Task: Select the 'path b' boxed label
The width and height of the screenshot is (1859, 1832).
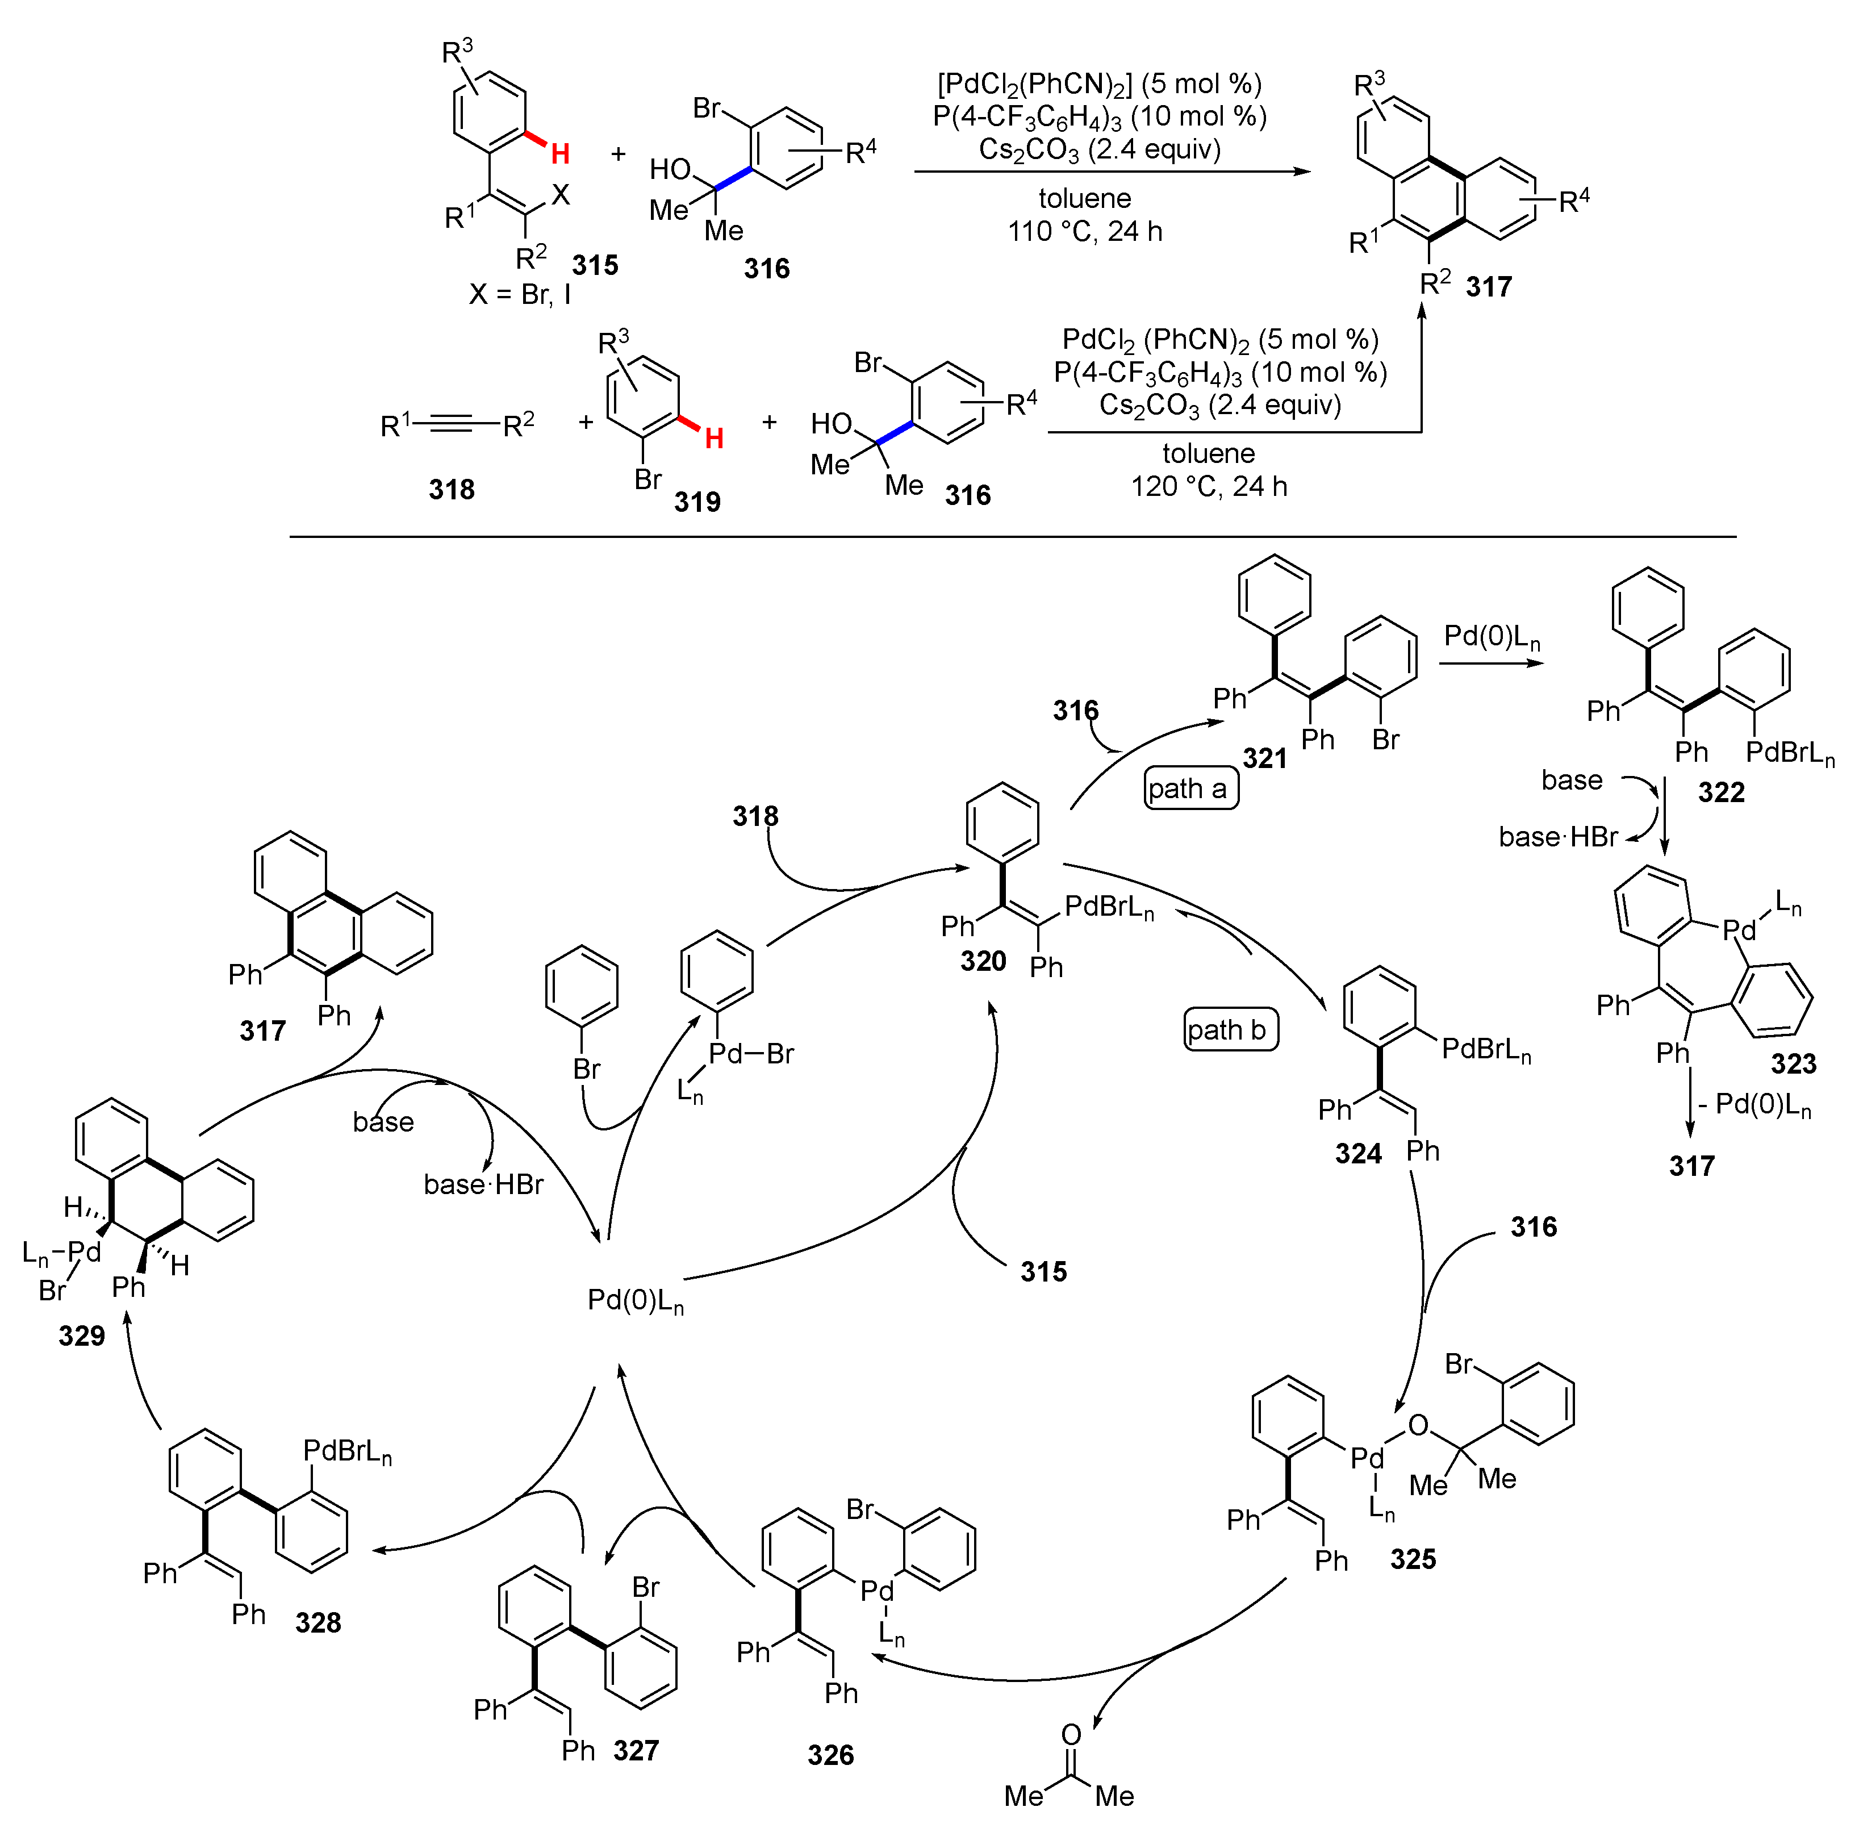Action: tap(1230, 1030)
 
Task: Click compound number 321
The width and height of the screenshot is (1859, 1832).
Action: tap(1264, 758)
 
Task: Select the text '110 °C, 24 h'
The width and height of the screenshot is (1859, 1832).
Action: tap(1084, 232)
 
